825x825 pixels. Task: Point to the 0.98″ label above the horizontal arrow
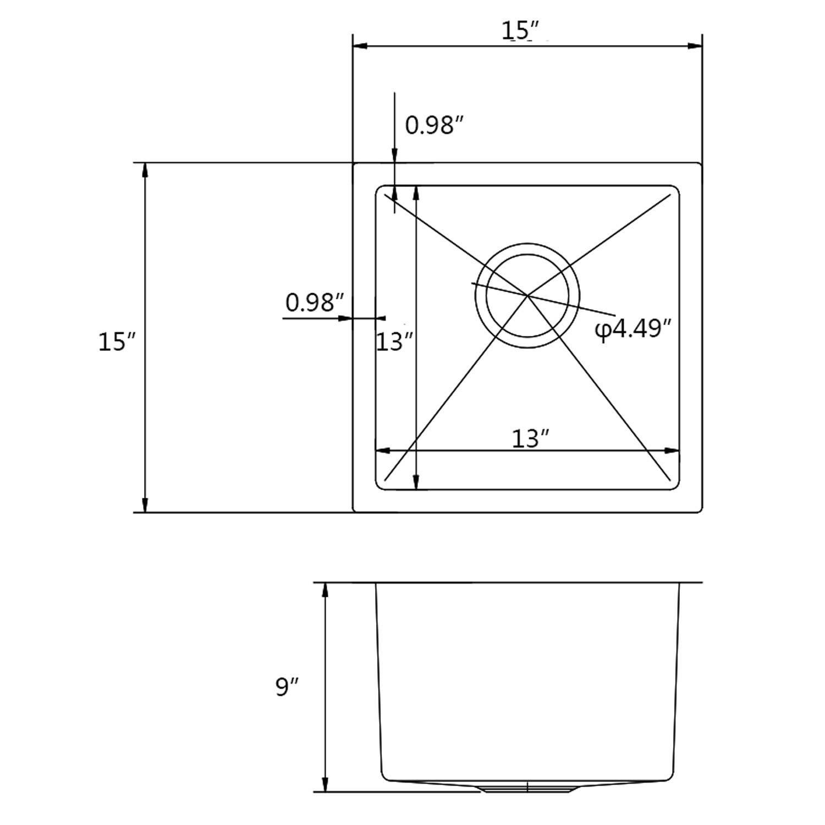tap(315, 302)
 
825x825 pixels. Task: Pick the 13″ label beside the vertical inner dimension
tap(394, 342)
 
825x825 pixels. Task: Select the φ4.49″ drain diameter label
tap(634, 329)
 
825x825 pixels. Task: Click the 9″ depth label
tap(287, 686)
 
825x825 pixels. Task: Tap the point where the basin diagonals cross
tap(527, 296)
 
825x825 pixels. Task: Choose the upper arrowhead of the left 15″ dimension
tap(145, 170)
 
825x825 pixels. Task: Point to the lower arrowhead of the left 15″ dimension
tap(145, 505)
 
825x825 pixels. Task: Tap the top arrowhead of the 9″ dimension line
tap(325, 590)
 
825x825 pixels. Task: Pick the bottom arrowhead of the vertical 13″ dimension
tap(416, 482)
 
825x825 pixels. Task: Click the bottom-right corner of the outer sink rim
tap(700, 511)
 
